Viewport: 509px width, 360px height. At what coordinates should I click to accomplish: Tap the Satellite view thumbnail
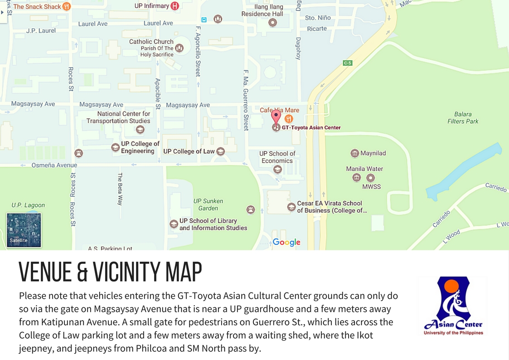coord(24,230)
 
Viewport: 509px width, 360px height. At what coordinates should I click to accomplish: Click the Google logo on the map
coord(286,242)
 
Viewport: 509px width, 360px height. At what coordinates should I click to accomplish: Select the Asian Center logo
coord(453,306)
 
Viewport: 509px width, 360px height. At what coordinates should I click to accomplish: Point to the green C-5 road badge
coord(348,63)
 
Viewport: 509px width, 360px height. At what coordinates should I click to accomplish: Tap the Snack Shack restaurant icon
coord(67,6)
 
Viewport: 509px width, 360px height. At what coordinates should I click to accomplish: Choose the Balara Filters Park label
coord(463,118)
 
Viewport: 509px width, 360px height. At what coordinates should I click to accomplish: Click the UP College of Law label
coord(189,151)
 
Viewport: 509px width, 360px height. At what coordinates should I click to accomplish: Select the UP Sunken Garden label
coord(208,204)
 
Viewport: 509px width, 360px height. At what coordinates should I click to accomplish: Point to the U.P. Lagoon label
coord(28,205)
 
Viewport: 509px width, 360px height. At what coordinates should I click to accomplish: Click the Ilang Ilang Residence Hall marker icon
coord(272,22)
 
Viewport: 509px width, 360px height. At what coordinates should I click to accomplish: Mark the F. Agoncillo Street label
coord(198,51)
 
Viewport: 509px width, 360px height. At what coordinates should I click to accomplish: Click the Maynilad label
coord(373,153)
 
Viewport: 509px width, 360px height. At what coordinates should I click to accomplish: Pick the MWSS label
coord(371,186)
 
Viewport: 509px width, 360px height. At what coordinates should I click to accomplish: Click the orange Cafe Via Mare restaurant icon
coord(289,119)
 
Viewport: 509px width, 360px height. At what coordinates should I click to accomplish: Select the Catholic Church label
coord(151,41)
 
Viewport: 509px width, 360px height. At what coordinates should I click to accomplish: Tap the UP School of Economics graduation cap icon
coord(277,170)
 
